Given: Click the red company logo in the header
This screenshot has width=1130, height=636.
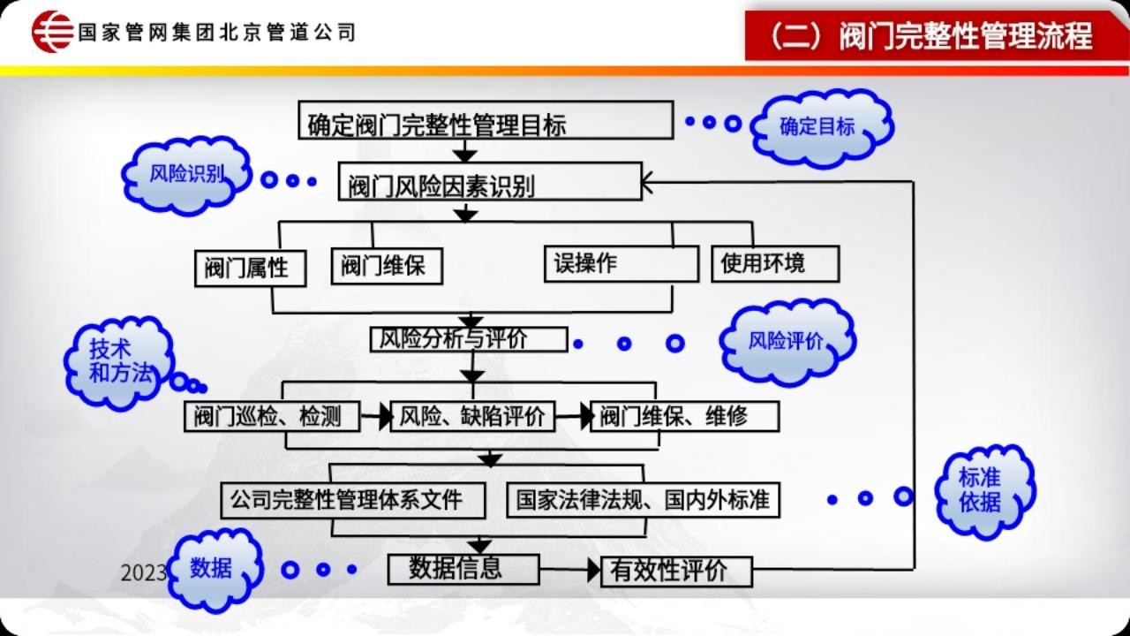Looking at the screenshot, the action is pyautogui.click(x=52, y=31).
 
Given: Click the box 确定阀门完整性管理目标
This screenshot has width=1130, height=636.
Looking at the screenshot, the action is pyautogui.click(x=486, y=120).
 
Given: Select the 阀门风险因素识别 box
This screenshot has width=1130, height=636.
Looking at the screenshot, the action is pyautogui.click(x=490, y=181).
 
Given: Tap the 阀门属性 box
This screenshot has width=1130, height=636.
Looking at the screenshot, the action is pyautogui.click(x=250, y=269).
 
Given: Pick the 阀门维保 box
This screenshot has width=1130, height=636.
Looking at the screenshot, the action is pyautogui.click(x=387, y=266).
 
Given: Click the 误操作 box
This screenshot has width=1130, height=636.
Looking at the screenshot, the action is pyautogui.click(x=621, y=264).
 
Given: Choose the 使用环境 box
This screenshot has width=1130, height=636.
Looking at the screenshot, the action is pyautogui.click(x=775, y=263).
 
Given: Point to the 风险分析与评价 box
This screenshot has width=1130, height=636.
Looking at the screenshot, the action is pyautogui.click(x=469, y=339).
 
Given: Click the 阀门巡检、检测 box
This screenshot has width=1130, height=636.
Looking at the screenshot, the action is pyautogui.click(x=272, y=416).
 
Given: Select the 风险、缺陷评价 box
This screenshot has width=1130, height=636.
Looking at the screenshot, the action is pyautogui.click(x=472, y=416).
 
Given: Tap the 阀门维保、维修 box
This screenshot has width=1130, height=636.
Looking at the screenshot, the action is pyautogui.click(x=684, y=416).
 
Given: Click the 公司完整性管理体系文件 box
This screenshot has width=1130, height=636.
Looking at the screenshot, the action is pyautogui.click(x=353, y=500).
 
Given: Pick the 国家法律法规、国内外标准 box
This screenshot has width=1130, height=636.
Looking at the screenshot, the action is pyautogui.click(x=644, y=500).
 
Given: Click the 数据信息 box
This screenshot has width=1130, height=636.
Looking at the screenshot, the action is pyautogui.click(x=463, y=570).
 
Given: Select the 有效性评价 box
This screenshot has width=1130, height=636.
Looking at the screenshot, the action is pyautogui.click(x=676, y=572).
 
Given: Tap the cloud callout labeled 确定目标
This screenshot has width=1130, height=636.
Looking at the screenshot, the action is pyautogui.click(x=821, y=127).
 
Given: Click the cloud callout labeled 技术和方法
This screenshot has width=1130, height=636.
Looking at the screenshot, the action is pyautogui.click(x=120, y=361).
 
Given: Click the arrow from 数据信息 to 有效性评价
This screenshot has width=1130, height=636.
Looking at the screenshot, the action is pyautogui.click(x=570, y=570).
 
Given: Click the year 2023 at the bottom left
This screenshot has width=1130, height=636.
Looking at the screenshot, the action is pyautogui.click(x=143, y=573).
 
